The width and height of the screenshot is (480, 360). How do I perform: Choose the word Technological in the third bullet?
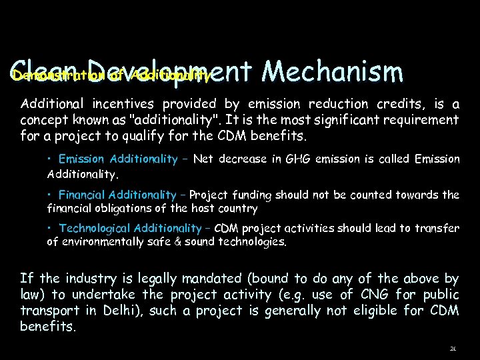click(95, 229)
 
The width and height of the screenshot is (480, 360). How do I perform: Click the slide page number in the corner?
click(453, 349)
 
